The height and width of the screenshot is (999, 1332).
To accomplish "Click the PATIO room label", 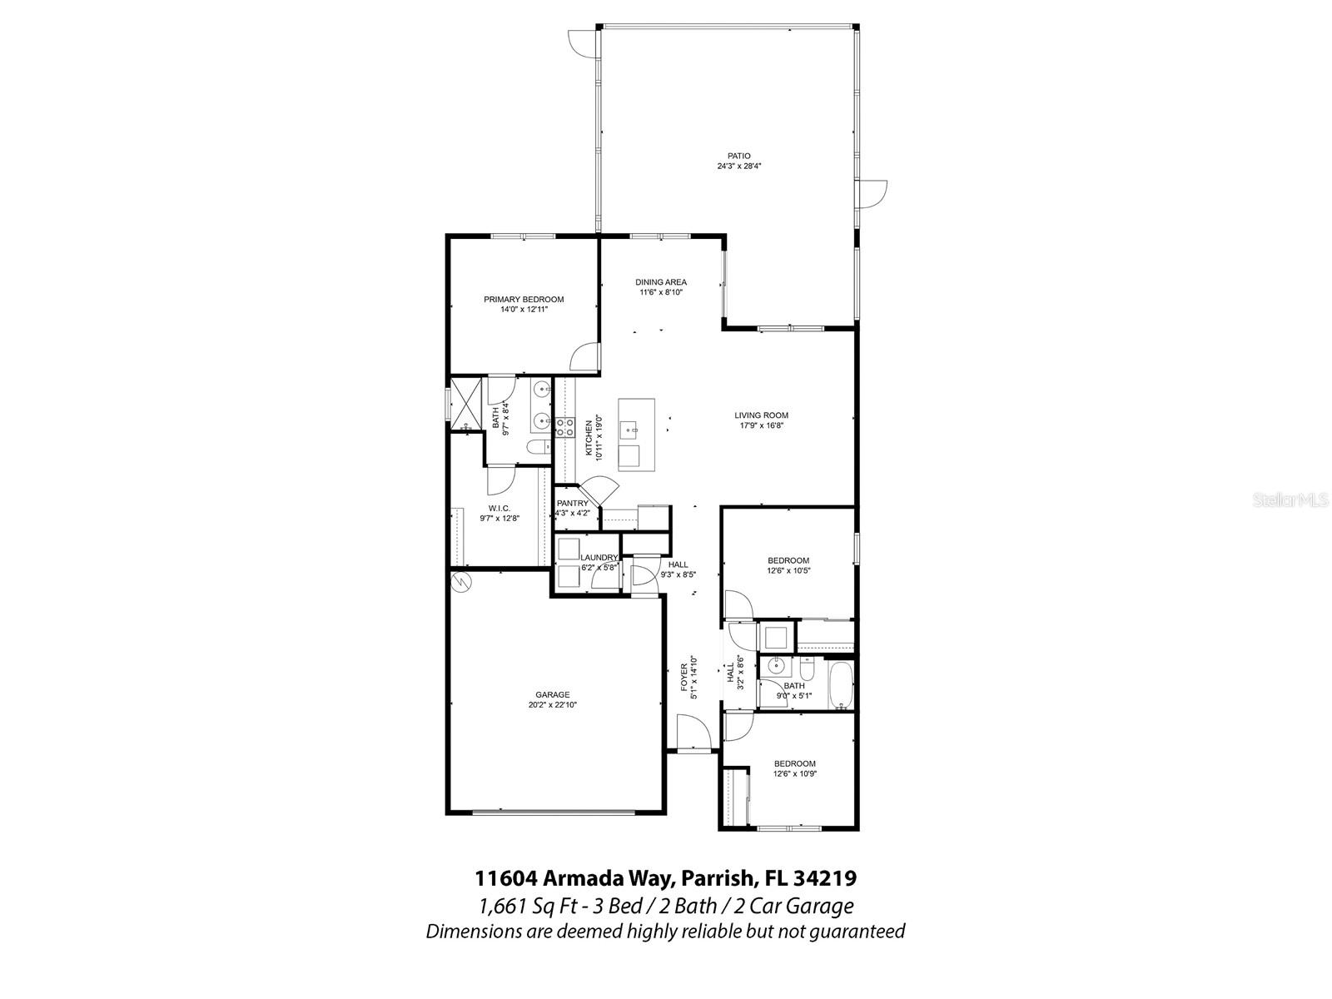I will tap(738, 156).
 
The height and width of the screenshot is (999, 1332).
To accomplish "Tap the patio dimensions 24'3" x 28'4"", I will tap(739, 166).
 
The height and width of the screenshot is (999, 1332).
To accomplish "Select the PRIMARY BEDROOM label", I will tap(524, 300).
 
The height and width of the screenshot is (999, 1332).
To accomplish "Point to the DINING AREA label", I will tap(661, 282).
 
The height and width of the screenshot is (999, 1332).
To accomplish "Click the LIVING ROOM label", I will tap(761, 415).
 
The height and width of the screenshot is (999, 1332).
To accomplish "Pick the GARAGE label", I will tap(552, 694).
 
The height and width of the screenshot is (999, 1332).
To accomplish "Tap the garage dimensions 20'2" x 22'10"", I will tap(552, 705).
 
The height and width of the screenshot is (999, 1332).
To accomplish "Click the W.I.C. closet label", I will tap(499, 508).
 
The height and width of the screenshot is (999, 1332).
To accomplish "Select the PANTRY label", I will tap(572, 504).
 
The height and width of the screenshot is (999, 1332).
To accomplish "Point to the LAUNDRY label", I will tap(599, 558).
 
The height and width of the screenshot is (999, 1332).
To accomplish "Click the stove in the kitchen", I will tap(565, 428).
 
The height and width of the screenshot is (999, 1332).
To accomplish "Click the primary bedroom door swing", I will tap(585, 358).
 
